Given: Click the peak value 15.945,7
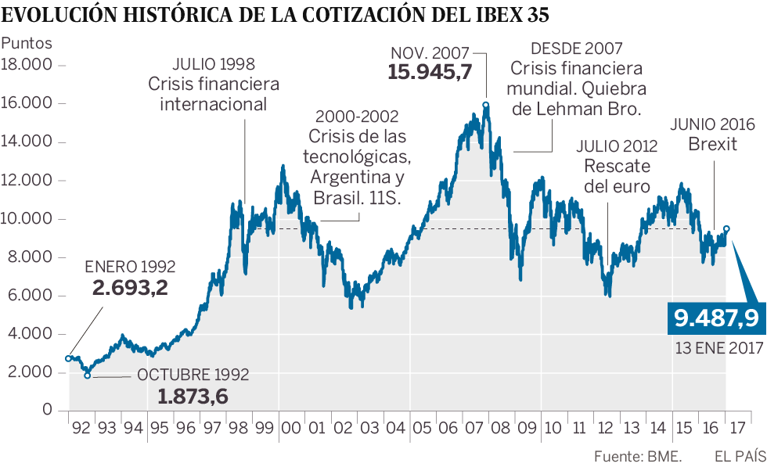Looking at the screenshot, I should (430, 73).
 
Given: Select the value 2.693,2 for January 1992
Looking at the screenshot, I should (130, 288).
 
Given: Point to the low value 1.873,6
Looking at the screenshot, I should (193, 397).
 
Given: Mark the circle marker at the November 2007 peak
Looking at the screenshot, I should (486, 105).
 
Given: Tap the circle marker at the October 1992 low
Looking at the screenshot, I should (88, 375).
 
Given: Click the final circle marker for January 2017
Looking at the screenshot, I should (727, 229).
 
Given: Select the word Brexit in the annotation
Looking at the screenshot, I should (712, 144).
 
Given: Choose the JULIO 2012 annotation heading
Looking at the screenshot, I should (617, 145).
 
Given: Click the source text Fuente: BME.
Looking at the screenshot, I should (639, 455).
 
